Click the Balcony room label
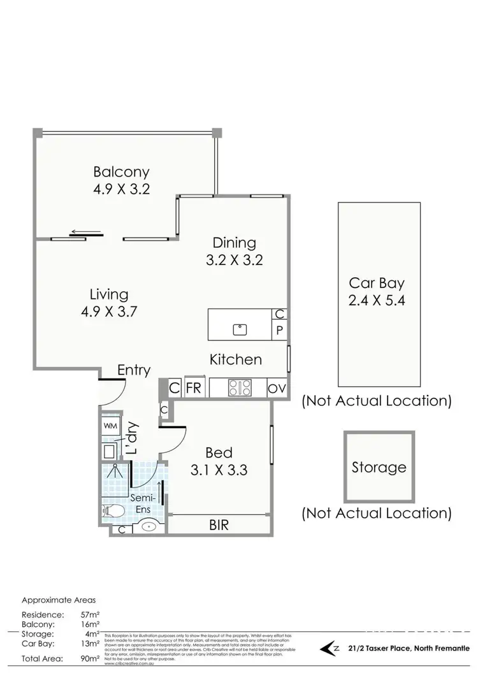[x=121, y=171]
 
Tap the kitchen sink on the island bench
[x=240, y=329]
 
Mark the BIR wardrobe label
[x=219, y=526]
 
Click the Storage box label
[x=379, y=468]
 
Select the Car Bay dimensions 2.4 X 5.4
[x=377, y=301]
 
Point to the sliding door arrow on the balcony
[x=85, y=232]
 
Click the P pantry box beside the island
[x=279, y=330]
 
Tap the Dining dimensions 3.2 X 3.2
[x=234, y=260]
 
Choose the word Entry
[x=134, y=370]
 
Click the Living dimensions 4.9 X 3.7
[x=109, y=312]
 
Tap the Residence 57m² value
[x=89, y=615]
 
